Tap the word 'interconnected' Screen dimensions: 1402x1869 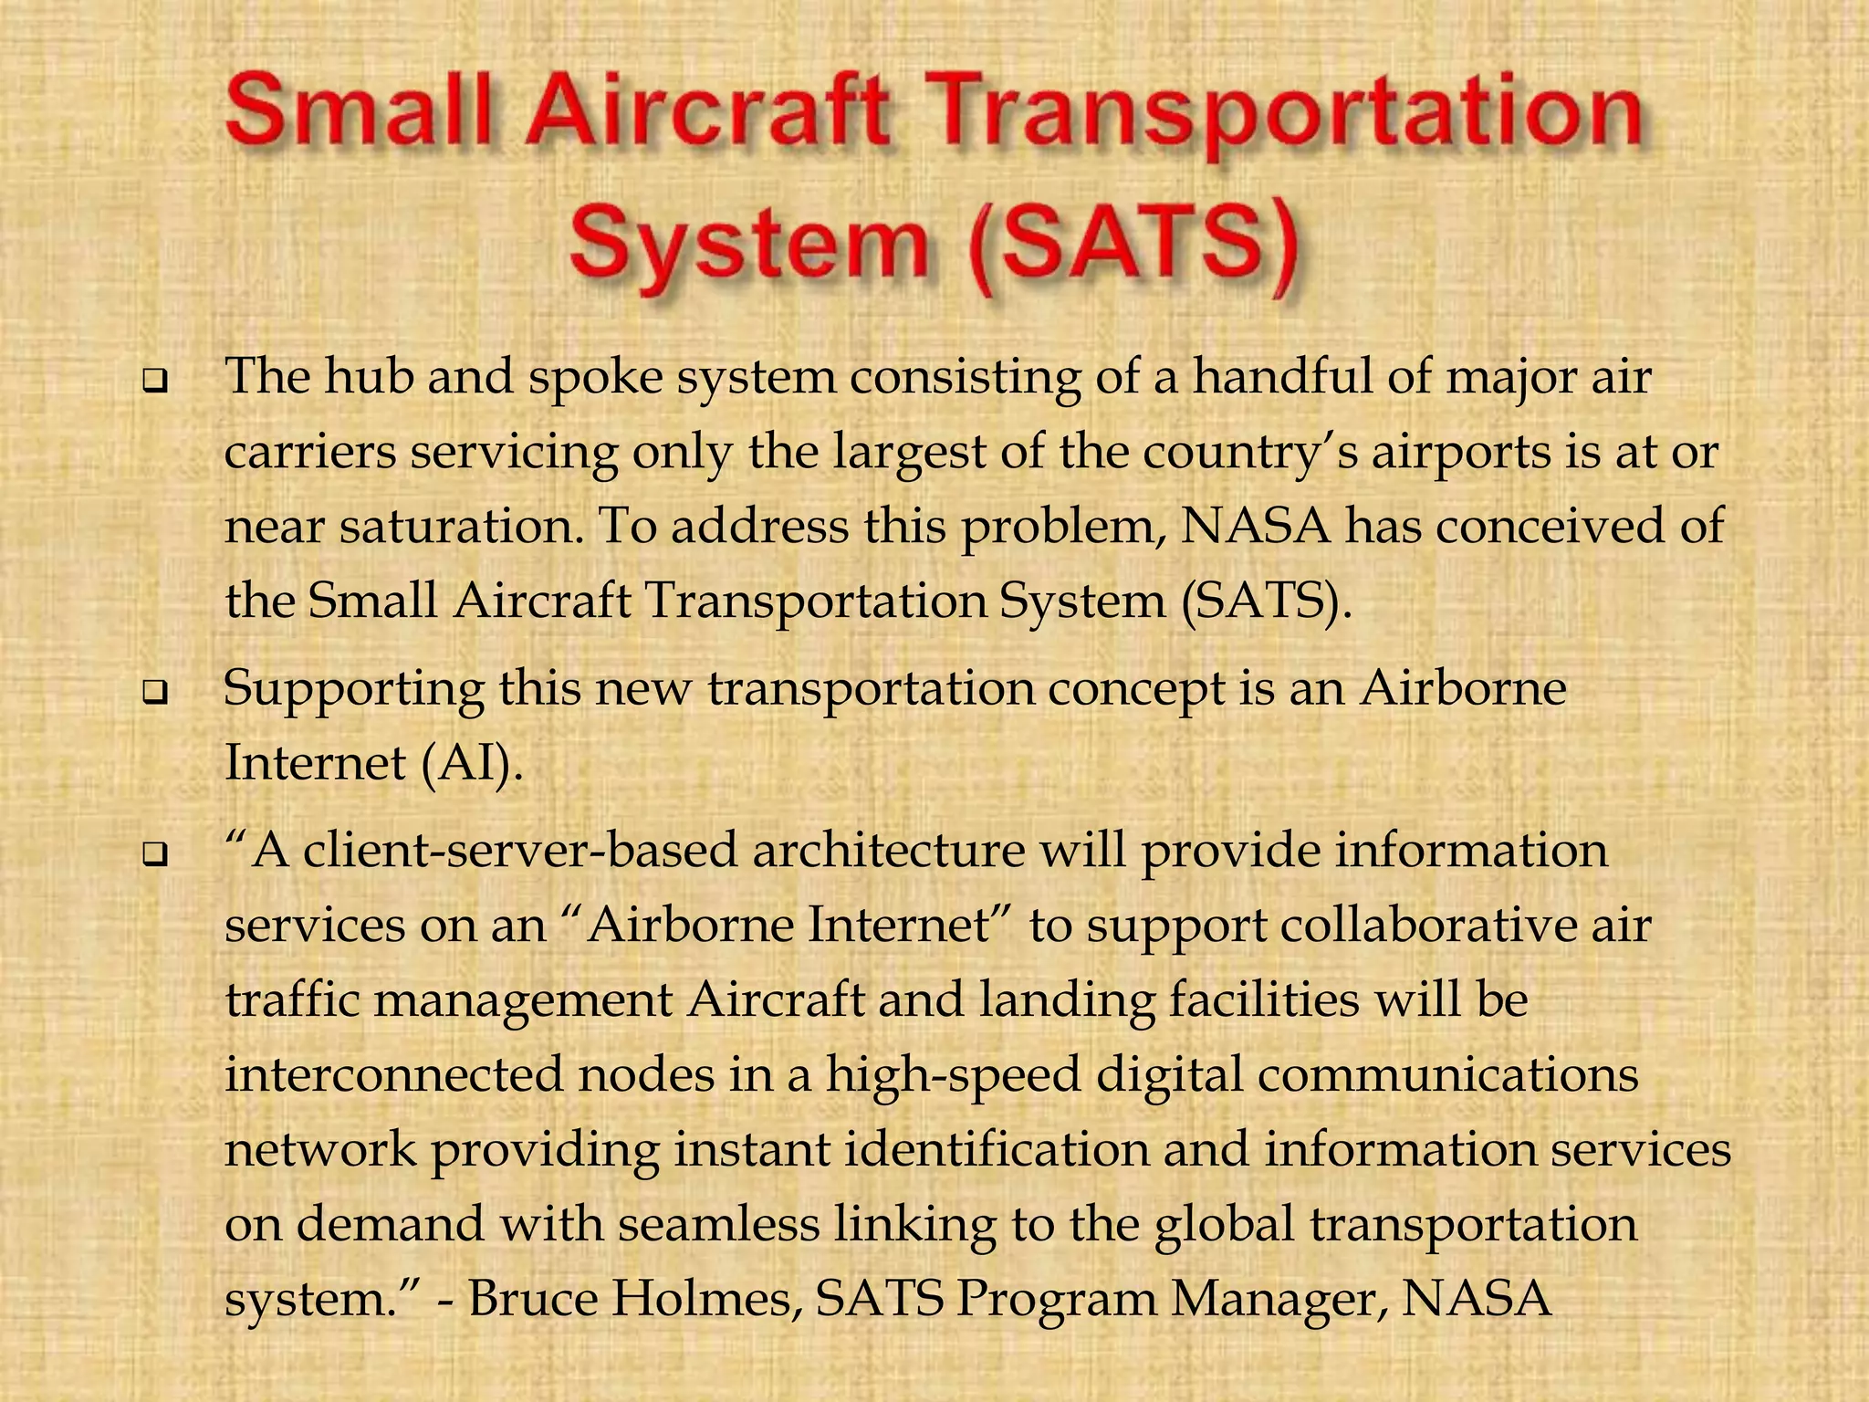pyautogui.click(x=392, y=1075)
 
